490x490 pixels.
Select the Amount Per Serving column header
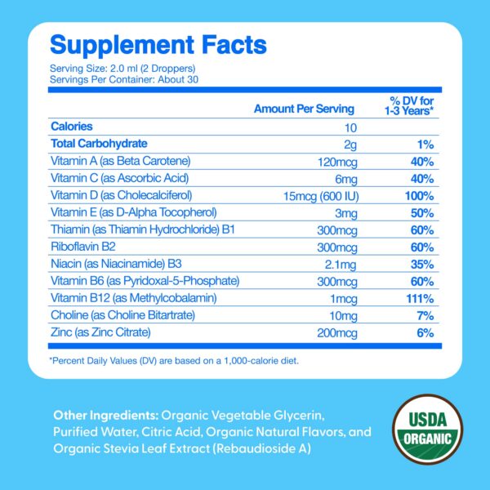[304, 109]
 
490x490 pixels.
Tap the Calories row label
[72, 127]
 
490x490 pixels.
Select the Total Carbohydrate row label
[99, 144]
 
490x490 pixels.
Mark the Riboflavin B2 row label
[82, 247]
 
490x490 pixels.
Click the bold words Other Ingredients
[105, 413]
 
